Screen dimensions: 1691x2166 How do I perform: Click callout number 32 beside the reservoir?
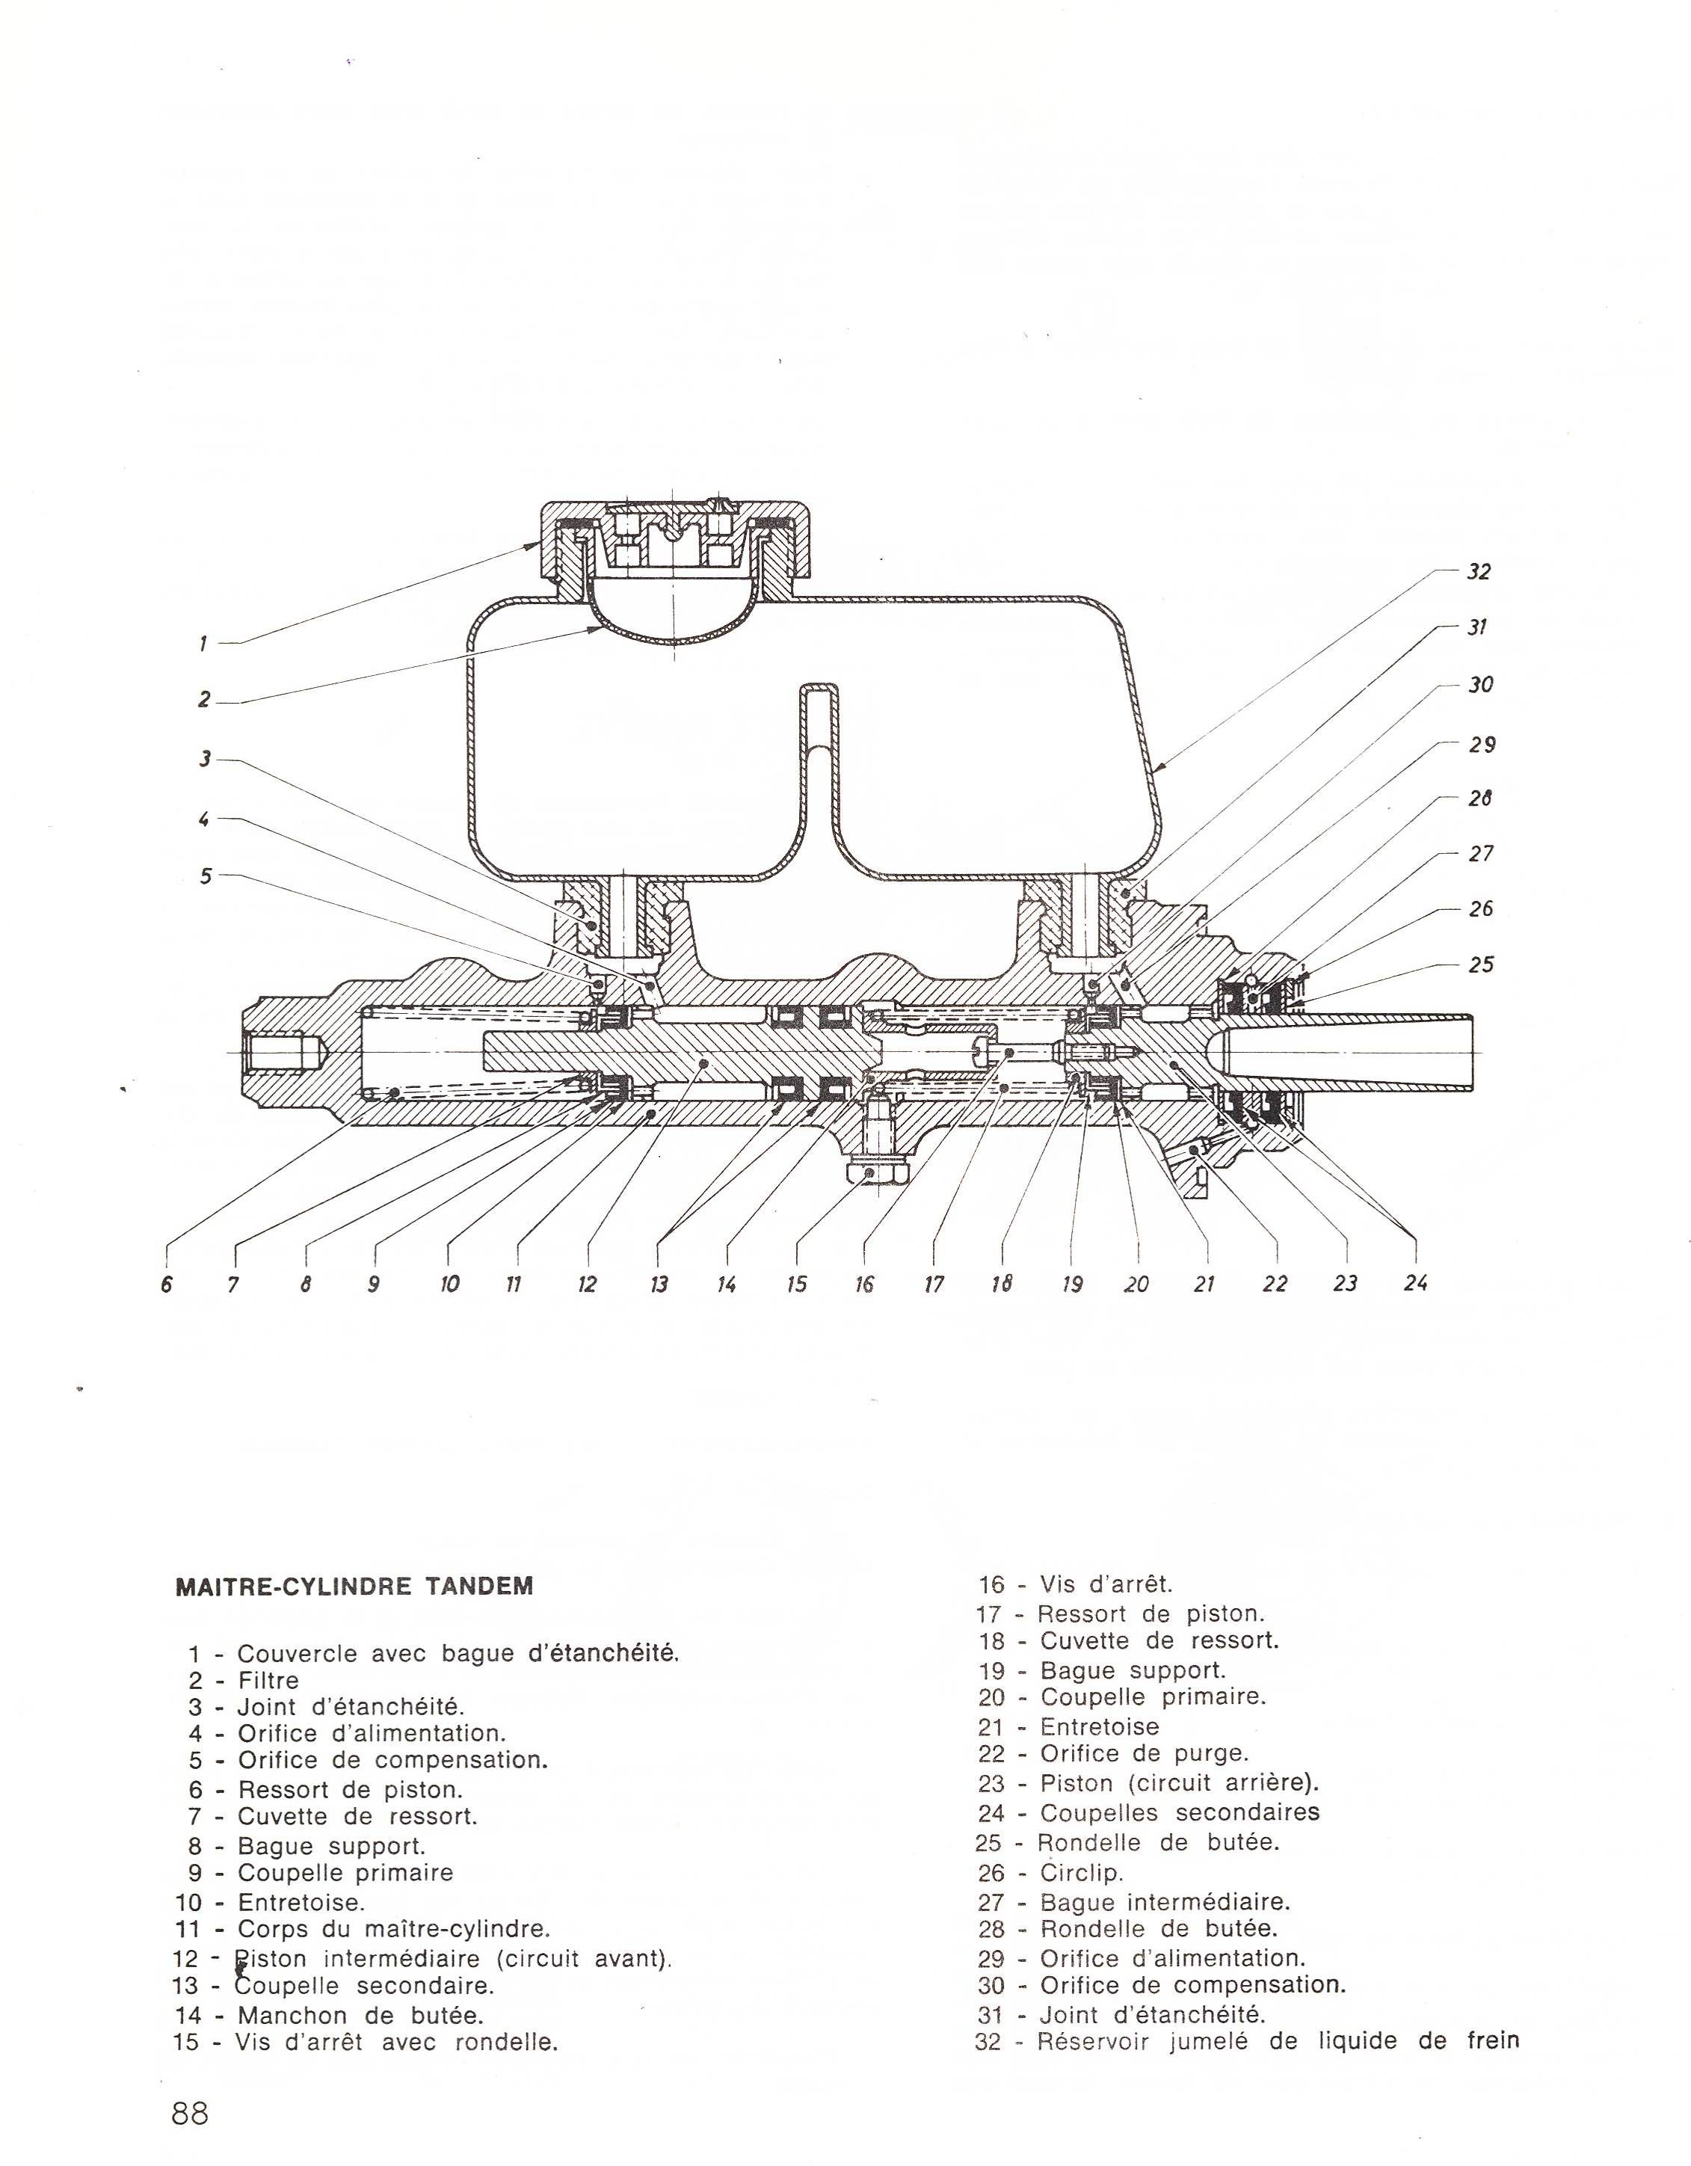(x=1479, y=572)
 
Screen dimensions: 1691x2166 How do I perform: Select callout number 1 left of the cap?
(x=203, y=644)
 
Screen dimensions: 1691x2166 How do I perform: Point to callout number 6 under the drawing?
(x=167, y=1284)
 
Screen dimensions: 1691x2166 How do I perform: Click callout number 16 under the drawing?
(x=864, y=1284)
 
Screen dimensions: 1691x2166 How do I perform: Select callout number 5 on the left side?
(x=206, y=876)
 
